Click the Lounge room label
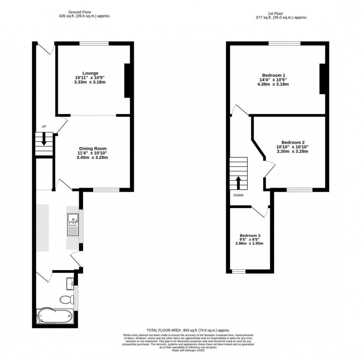coord(91,73)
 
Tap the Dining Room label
coord(93,149)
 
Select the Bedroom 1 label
coord(274,75)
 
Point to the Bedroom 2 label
coord(293,142)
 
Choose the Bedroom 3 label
coord(250,236)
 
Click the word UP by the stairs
coord(44,127)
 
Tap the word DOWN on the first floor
coord(238,195)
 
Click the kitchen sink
coord(73,225)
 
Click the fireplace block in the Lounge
coord(127,81)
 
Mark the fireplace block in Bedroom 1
coord(322,79)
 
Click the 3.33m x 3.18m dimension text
coord(90,82)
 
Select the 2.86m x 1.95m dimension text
coord(250,243)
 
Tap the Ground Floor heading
coord(80,12)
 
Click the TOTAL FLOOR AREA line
coord(188,330)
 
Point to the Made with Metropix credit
coord(188,350)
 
